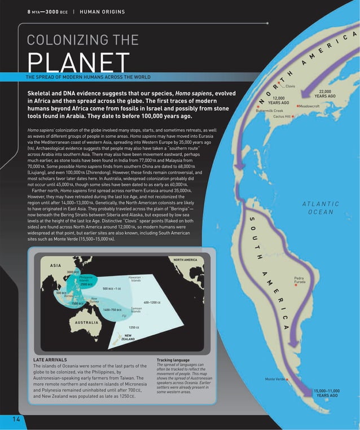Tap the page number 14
14,418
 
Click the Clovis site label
290,86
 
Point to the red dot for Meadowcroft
297,106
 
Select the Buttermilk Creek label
269,111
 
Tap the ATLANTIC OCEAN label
321,208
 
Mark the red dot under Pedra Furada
295,286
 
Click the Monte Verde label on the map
275,379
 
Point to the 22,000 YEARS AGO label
324,94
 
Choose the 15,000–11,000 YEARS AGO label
327,393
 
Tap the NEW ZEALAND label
128,337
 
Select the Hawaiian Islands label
134,279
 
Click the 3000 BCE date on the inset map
73,273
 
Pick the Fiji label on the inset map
124,316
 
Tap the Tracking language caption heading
173,359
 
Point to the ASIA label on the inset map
55,266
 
